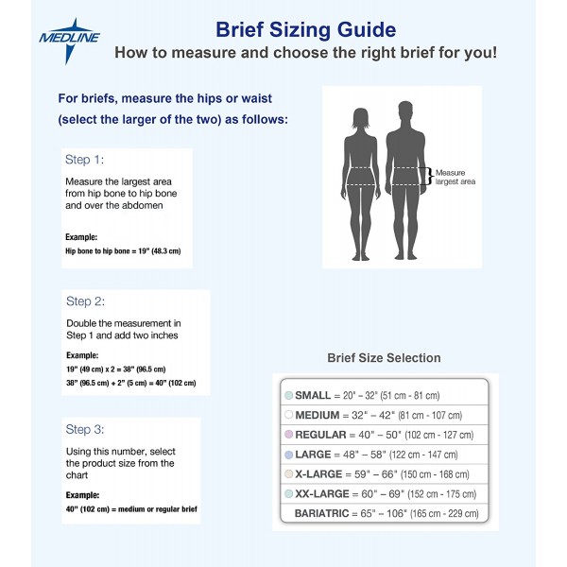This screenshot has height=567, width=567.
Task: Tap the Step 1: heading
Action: click(84, 160)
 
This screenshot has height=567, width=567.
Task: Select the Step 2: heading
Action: click(84, 301)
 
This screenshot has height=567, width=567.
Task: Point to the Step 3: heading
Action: click(84, 429)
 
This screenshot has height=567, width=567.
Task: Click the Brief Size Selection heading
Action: click(384, 358)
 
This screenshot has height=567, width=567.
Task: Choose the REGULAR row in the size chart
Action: click(383, 435)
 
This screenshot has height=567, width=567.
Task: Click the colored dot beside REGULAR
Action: click(289, 435)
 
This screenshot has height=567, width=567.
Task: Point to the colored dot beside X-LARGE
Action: click(289, 473)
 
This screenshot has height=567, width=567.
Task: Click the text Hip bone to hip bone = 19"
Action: click(122, 250)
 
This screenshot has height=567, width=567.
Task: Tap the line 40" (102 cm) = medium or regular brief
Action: click(130, 509)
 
